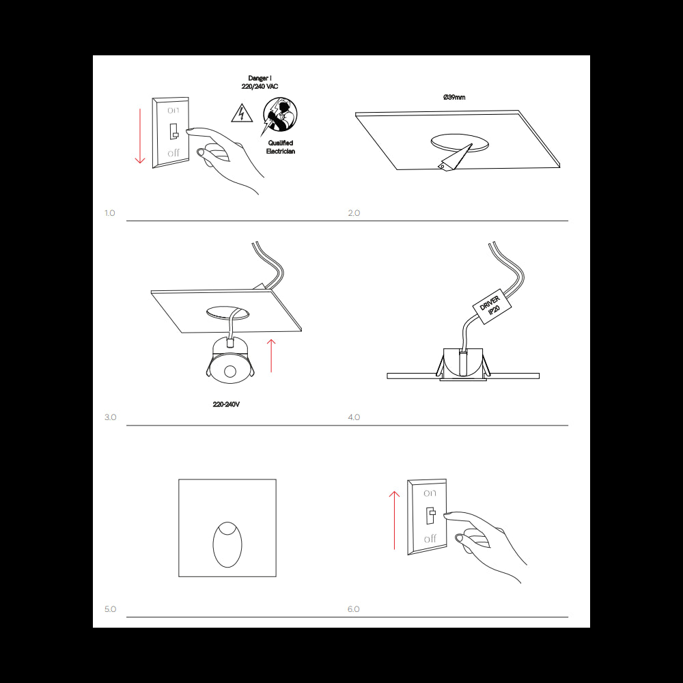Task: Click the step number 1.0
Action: [x=110, y=213]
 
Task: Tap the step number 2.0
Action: [x=354, y=213]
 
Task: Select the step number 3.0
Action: [x=110, y=417]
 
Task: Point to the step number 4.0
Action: [x=354, y=417]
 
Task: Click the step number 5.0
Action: [x=110, y=609]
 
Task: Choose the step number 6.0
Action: [x=354, y=609]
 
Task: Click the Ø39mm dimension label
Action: [x=454, y=98]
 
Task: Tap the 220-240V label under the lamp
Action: [x=226, y=404]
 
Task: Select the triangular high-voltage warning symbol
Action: [x=240, y=113]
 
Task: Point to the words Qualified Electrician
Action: [x=280, y=147]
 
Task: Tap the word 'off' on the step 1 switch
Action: [x=173, y=153]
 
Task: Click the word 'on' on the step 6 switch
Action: [x=430, y=492]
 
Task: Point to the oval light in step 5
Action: [x=227, y=544]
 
